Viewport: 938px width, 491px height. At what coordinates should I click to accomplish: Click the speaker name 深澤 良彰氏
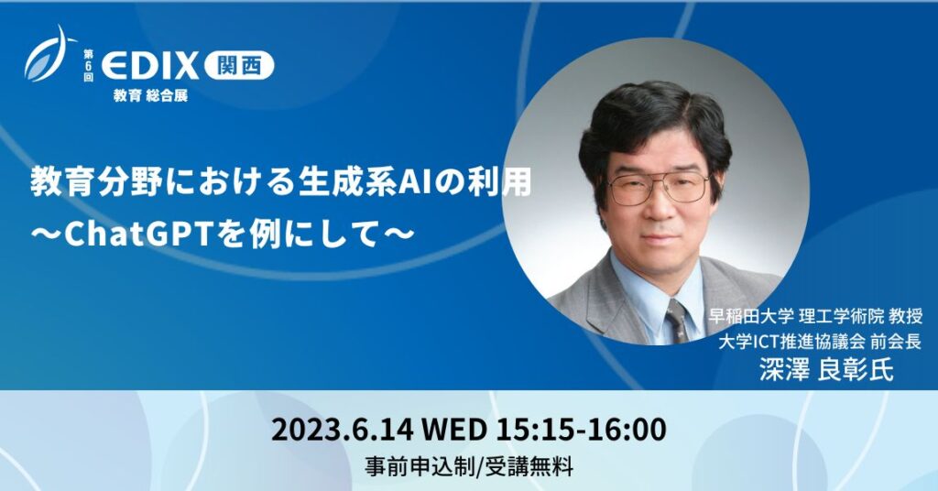tap(820, 370)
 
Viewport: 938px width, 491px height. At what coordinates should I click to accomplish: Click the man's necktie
tap(677, 321)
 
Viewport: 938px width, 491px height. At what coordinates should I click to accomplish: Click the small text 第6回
tap(90, 65)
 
